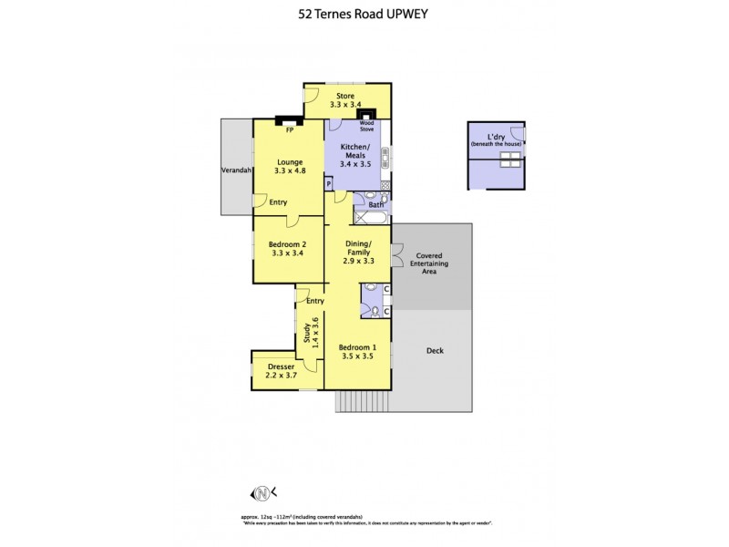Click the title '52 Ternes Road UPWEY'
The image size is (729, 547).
364,15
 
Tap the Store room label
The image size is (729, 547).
345,96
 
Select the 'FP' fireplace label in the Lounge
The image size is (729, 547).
290,130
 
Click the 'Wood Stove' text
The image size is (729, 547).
366,126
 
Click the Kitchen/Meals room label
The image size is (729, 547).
354,152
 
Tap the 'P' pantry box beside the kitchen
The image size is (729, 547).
329,184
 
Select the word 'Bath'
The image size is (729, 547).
375,205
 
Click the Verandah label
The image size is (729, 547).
236,170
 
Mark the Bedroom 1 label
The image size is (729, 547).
357,347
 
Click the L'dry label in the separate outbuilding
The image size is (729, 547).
496,139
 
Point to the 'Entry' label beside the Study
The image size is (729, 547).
315,301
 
